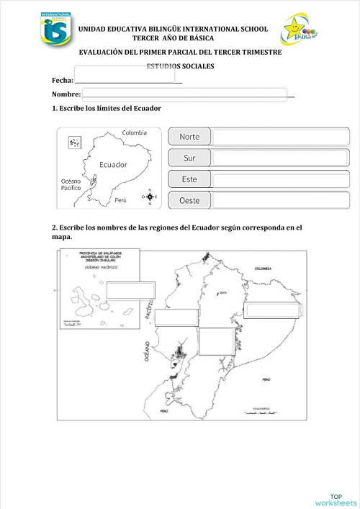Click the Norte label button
coord(190,136)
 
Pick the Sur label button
coord(190,157)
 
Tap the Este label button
coord(190,179)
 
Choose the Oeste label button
coord(190,200)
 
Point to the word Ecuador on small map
coord(113,164)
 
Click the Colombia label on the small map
coord(134,132)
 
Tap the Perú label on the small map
coord(120,199)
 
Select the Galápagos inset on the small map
coord(74,143)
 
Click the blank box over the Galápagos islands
coord(130,289)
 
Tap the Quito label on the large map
coord(222,292)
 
